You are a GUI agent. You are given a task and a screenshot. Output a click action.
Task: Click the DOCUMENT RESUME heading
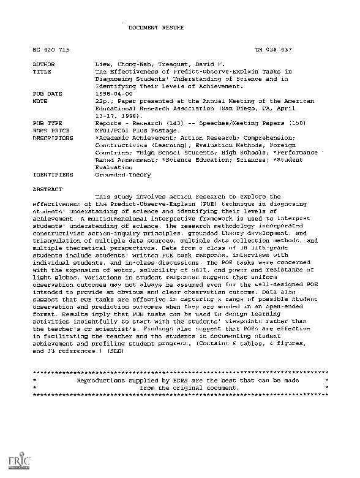pos(152,28)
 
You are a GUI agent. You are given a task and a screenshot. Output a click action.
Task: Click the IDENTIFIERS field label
pos(50,175)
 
